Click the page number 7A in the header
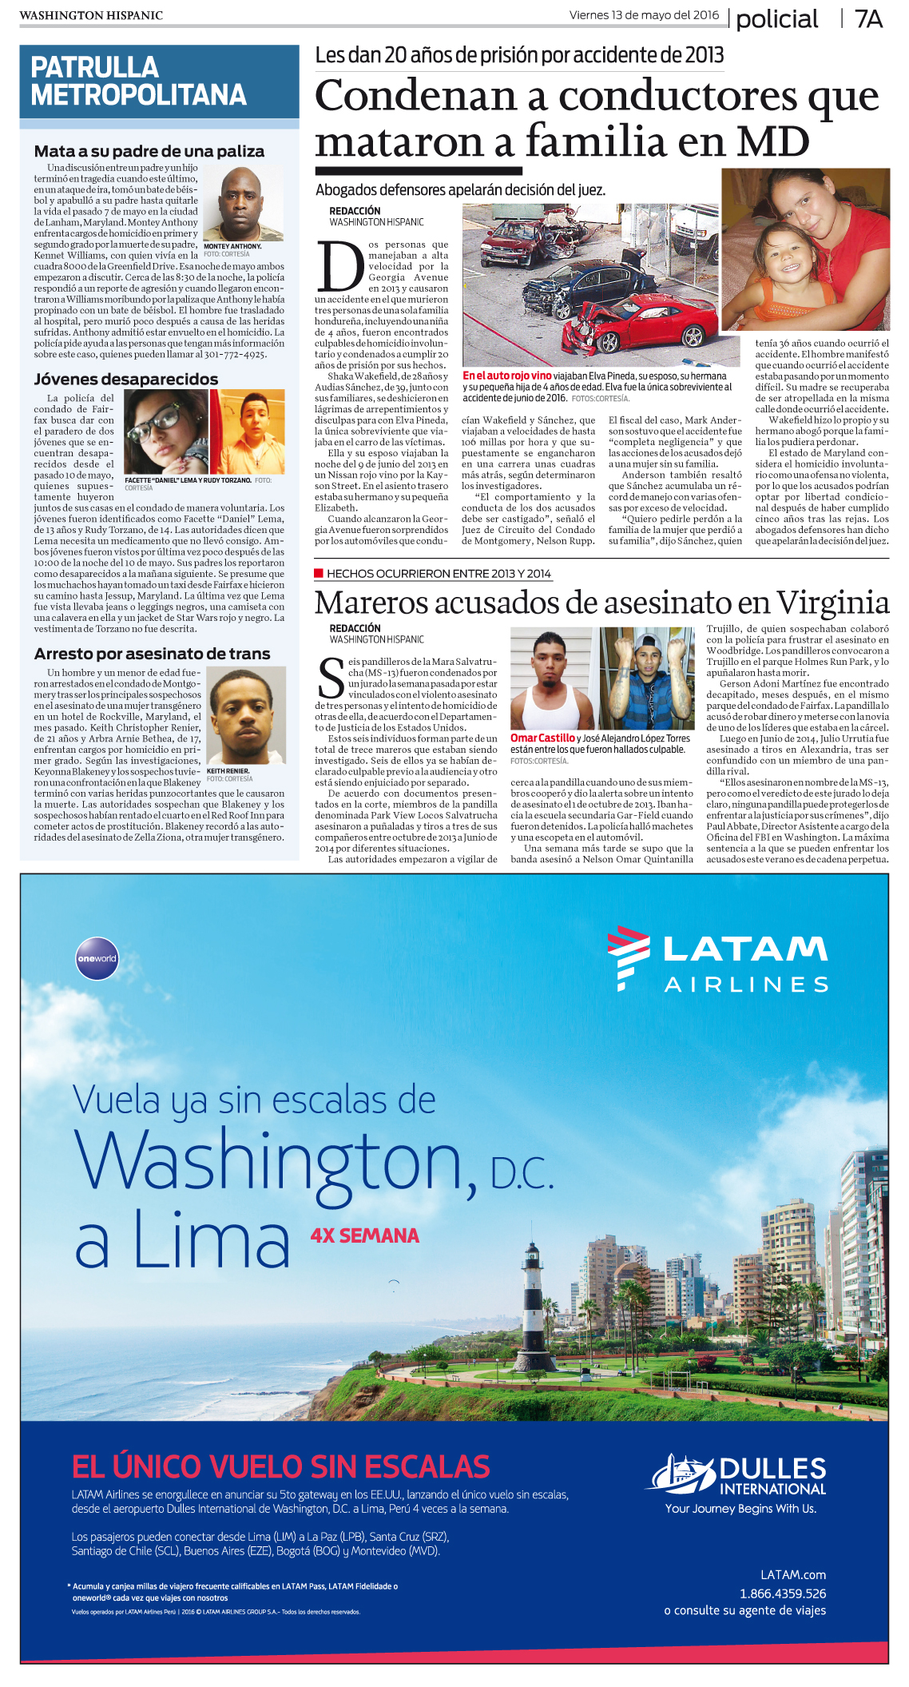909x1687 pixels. tap(868, 19)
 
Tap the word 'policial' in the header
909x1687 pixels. tap(776, 19)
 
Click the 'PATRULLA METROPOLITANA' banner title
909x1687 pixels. tap(138, 82)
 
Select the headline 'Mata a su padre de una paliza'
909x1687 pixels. tap(149, 151)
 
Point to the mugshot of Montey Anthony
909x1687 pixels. tap(243, 204)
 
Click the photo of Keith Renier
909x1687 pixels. tap(246, 716)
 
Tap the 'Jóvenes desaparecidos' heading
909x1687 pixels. tap(125, 379)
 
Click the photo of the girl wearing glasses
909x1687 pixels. tap(165, 432)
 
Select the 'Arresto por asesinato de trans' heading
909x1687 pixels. tap(152, 654)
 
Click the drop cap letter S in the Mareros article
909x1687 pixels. tap(330, 678)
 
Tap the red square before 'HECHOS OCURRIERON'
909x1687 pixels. tap(319, 573)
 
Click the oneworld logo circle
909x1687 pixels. tap(97, 958)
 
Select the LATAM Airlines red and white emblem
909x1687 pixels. tap(628, 957)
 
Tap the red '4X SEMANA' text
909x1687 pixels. tap(365, 1235)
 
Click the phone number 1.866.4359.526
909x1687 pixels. tap(782, 1593)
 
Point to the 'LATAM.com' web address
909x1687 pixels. tap(792, 1574)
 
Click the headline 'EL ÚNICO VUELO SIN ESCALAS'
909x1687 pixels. tap(280, 1467)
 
